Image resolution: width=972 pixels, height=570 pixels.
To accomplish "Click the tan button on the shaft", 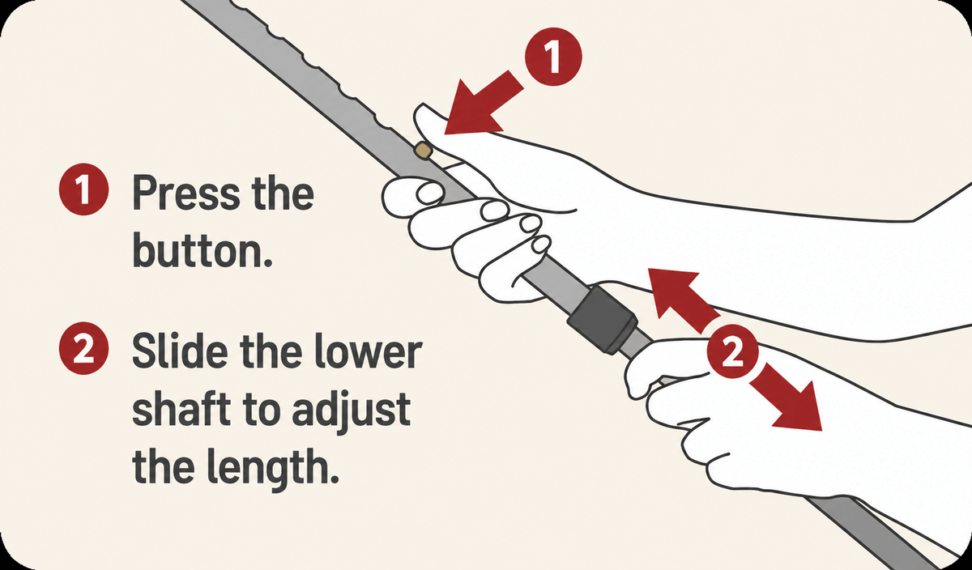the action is point(422,150).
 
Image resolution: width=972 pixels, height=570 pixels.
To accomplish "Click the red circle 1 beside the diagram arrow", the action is point(552,57).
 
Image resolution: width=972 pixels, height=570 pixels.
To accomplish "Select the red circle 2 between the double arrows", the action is point(732,351).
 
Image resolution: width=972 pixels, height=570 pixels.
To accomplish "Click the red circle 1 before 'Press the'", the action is point(83,189).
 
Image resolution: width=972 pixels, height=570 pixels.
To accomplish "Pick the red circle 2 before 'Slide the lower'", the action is point(83,348).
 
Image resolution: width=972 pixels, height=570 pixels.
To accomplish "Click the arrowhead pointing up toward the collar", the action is point(674,295).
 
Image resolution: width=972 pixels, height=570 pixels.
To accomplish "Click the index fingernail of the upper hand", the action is point(428,194).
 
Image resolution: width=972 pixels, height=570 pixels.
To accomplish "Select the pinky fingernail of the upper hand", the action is point(542,245).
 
